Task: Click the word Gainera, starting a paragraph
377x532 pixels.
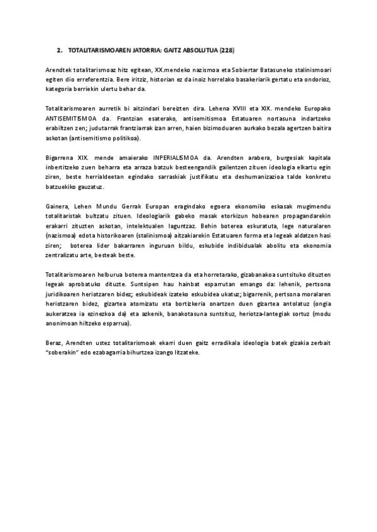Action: point(59,206)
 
